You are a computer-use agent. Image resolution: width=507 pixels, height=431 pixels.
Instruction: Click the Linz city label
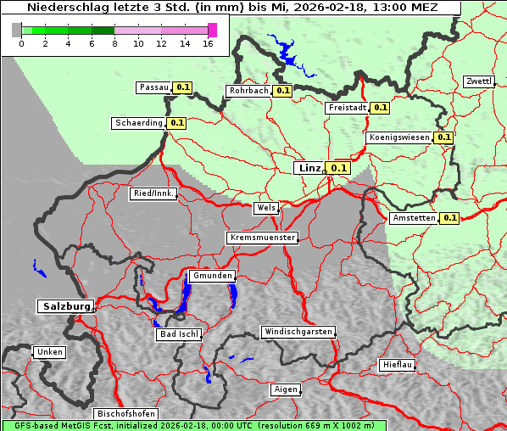coord(309,168)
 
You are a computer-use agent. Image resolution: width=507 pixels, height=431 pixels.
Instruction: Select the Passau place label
coord(154,87)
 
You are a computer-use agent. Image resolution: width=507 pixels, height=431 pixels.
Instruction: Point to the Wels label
coord(265,208)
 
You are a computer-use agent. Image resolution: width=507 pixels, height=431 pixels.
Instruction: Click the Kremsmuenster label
coord(263,238)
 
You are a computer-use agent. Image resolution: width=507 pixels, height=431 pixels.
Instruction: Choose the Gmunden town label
coord(211,276)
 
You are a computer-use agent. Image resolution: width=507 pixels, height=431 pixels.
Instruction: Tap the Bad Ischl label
coord(179,334)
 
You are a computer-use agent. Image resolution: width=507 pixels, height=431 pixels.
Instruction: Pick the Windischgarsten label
coord(298,332)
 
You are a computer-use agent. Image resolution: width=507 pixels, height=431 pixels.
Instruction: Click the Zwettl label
coord(478,81)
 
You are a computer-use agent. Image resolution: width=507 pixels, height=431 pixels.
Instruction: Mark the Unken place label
coord(49,351)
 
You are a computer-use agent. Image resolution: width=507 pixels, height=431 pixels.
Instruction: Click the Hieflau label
coord(398,365)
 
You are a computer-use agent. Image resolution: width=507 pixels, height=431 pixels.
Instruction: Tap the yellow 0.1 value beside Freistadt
coord(380,108)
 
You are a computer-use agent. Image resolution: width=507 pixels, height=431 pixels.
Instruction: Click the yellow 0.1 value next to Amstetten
coord(449,218)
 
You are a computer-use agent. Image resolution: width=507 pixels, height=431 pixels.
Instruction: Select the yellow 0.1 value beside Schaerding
coord(176,123)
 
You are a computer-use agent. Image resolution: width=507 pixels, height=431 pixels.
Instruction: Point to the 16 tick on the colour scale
coord(207,43)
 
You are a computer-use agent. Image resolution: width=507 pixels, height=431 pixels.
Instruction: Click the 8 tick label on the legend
coord(114,43)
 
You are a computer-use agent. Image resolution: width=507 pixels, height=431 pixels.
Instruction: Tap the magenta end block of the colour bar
coord(212,30)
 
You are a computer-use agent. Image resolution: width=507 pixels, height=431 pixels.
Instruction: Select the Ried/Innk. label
coord(153,193)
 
